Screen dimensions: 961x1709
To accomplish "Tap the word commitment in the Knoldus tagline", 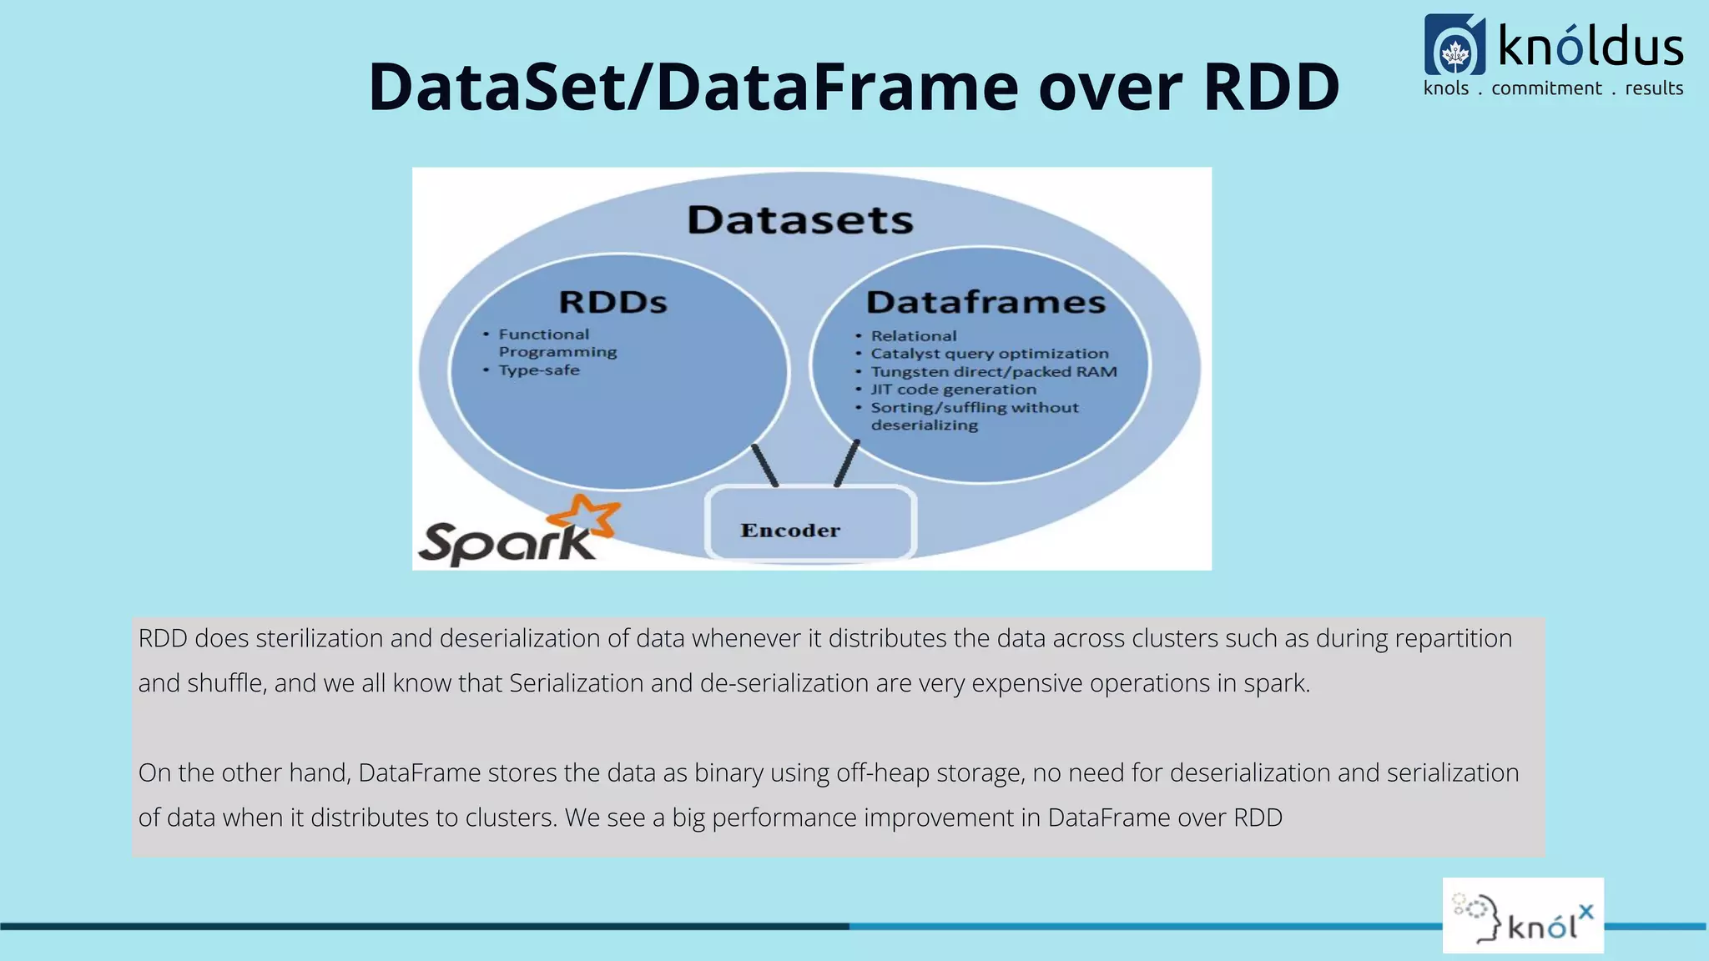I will (1546, 88).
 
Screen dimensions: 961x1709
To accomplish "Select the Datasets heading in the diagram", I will (799, 220).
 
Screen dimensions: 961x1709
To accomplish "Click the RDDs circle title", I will (613, 302).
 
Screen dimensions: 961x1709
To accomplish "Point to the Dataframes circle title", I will (986, 302).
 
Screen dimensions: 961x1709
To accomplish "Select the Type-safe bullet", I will (538, 370).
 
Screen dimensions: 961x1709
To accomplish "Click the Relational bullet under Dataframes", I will (913, 336).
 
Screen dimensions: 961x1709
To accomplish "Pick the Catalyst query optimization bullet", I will (989, 354).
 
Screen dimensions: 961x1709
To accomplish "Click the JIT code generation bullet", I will (953, 390).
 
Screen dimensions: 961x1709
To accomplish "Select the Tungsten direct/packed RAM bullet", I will (993, 372).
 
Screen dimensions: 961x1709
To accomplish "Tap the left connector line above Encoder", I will (764, 465).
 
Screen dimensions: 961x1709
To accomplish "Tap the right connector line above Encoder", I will (847, 463).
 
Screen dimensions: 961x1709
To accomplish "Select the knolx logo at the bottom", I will (1523, 915).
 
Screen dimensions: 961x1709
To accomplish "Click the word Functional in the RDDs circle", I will (543, 335).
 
